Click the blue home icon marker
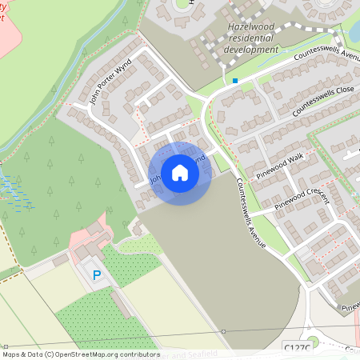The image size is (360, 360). click(179, 173)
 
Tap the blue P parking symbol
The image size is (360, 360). click(97, 274)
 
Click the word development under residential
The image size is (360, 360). click(251, 49)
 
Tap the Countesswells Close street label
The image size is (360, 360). click(322, 99)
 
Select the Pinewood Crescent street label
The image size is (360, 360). click(302, 198)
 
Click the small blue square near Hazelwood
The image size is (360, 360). click(234, 81)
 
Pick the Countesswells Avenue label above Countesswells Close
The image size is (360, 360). click(327, 57)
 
